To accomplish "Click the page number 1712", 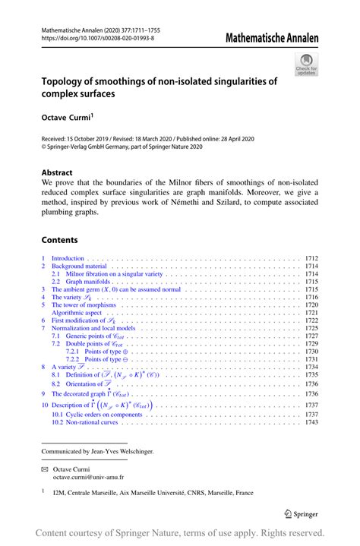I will coord(311,259).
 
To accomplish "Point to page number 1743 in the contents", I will coord(311,422).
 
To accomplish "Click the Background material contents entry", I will coord(80,267).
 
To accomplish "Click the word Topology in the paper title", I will coord(65,80).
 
